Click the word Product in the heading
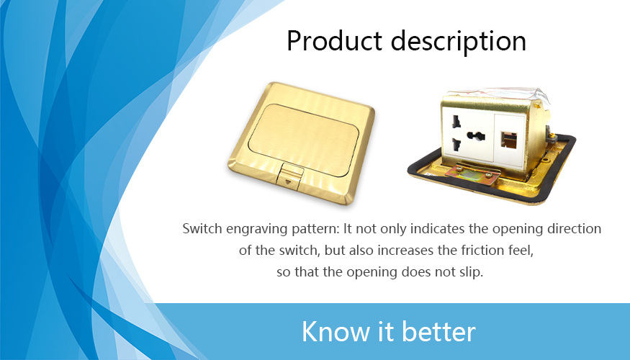334,40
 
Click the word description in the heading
459,41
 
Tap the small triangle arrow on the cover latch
288,181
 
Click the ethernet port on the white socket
509,140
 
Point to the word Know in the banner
335,331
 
